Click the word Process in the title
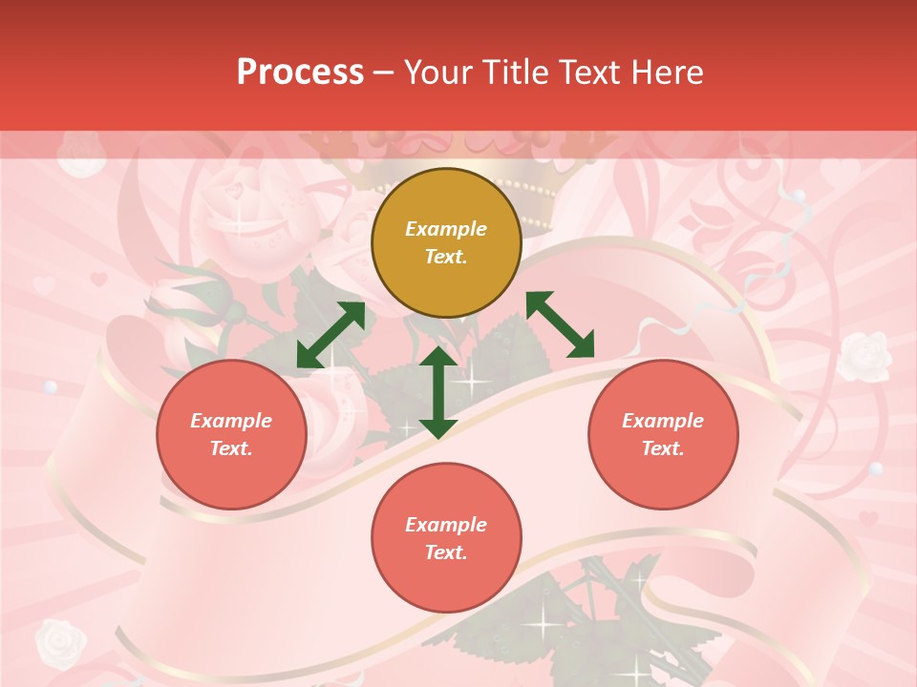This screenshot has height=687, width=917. [x=300, y=73]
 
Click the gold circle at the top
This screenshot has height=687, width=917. [x=446, y=243]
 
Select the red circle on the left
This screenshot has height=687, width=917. [x=231, y=434]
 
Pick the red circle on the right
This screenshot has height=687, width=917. [x=663, y=434]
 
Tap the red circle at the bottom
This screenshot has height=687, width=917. [x=446, y=538]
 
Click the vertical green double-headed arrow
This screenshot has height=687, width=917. [x=438, y=392]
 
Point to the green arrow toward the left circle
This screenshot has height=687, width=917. [x=331, y=335]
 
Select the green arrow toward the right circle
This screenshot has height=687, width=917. [x=560, y=324]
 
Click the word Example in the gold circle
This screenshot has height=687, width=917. [x=446, y=229]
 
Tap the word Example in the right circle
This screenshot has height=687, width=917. [x=663, y=421]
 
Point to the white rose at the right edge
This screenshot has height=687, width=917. [x=865, y=355]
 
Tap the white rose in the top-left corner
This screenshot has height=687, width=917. [x=82, y=156]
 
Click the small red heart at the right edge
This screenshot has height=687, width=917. [x=867, y=519]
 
